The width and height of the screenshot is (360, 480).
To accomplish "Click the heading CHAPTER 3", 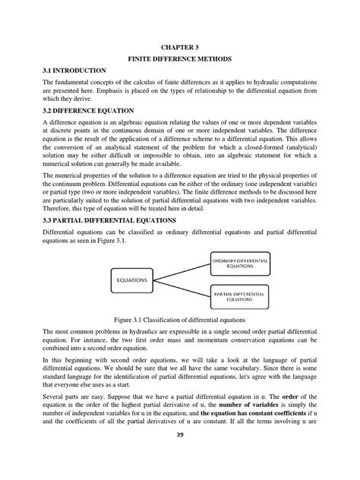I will (x=179, y=46).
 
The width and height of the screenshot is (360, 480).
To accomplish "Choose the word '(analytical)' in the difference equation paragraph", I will (x=311, y=159).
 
